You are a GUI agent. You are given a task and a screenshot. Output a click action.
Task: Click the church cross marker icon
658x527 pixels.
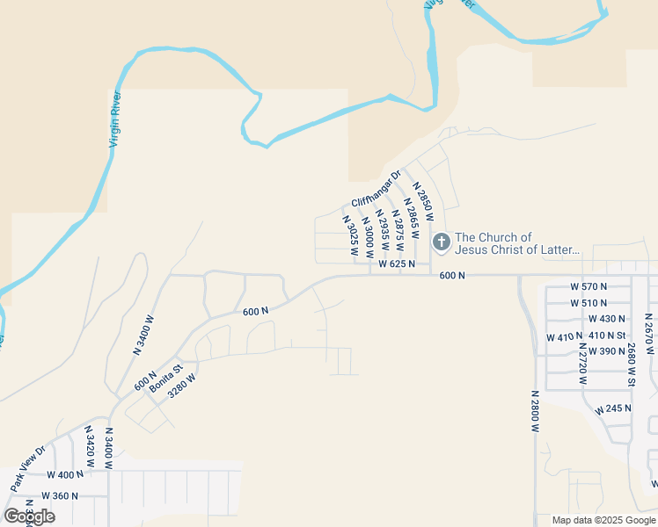pos(441,241)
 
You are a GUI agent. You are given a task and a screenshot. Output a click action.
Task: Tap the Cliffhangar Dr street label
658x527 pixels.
pos(376,188)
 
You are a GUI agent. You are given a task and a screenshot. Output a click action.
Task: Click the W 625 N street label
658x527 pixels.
pos(397,263)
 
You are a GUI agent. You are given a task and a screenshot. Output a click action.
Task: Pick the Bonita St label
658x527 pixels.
pos(164,379)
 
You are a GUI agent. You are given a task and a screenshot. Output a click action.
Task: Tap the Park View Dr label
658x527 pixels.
pos(27,469)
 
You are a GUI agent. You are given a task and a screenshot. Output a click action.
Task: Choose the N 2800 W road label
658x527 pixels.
pos(535,411)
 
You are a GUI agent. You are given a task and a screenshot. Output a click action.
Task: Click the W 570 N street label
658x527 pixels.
pos(589,286)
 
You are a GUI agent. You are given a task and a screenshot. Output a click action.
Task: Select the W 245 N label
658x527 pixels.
pos(613,409)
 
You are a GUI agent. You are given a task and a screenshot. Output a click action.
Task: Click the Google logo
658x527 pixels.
pos(30,516)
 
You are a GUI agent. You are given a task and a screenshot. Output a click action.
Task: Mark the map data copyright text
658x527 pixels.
pos(603,520)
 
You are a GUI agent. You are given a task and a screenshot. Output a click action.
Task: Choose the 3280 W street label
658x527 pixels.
pos(182,387)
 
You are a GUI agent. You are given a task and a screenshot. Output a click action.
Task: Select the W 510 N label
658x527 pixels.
pos(589,303)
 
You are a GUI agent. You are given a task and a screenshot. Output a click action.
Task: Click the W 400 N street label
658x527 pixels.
pos(65,474)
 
